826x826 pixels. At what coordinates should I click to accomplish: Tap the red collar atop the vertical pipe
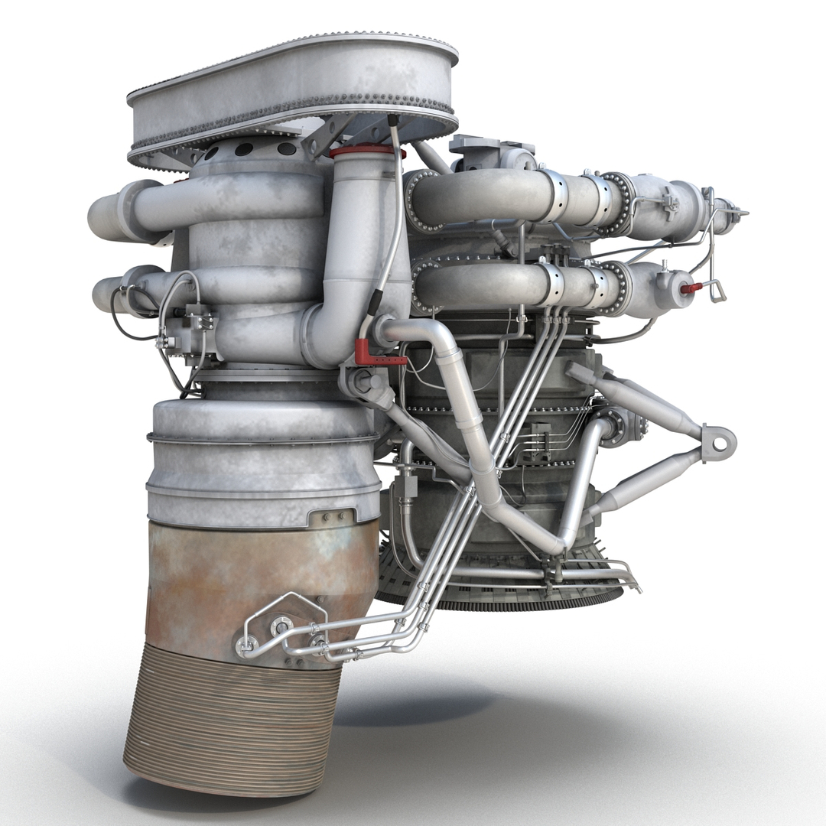(x=366, y=151)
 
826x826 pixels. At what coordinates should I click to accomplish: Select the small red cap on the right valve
(x=690, y=288)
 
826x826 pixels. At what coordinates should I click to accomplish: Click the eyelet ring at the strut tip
(x=720, y=442)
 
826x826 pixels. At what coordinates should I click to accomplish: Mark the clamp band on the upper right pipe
(x=555, y=198)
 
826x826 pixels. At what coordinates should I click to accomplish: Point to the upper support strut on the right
(x=642, y=402)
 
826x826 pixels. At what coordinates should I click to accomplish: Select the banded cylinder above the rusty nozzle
(x=264, y=459)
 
